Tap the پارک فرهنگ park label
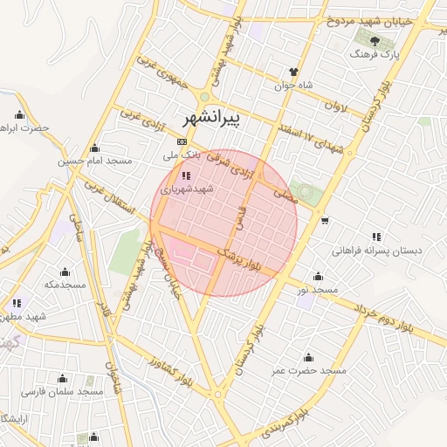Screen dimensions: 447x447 [374, 55]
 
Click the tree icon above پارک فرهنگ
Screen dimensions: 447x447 [374, 40]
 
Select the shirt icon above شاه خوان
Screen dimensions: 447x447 [294, 72]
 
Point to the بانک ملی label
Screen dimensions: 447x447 [182, 155]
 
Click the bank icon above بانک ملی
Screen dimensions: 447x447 [182, 141]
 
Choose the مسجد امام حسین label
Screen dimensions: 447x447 [94, 162]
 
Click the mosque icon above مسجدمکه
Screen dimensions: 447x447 [64, 271]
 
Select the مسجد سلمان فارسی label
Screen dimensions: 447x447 [63, 392]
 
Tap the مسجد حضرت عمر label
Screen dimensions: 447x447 [308, 371]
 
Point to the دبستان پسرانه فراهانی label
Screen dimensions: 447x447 [376, 251]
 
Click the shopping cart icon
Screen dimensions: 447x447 [325, 219]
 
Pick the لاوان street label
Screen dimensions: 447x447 [340, 113]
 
